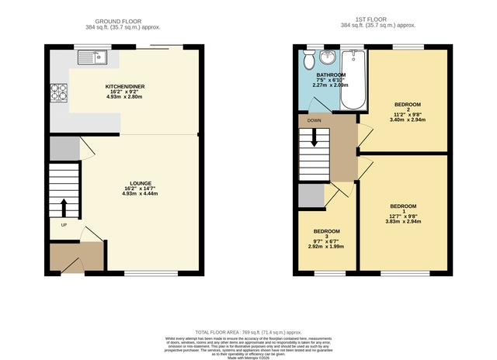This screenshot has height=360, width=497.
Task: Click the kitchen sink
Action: (x=96, y=56)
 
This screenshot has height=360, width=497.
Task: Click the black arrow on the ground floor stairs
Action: (x=63, y=207)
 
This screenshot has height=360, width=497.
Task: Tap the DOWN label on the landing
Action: (x=314, y=121)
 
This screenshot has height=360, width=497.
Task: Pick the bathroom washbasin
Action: (x=327, y=57)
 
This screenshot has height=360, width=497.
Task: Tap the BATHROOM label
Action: (x=320, y=75)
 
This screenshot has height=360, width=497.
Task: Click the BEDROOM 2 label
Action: (x=407, y=105)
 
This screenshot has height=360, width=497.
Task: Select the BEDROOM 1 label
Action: (x=403, y=206)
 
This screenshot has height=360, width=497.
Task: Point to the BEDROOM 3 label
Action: (x=327, y=231)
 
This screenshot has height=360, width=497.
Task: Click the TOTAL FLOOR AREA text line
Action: (x=248, y=331)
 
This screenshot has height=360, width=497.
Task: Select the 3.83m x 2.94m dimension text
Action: (x=403, y=221)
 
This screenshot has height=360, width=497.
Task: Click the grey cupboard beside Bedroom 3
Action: (x=311, y=196)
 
